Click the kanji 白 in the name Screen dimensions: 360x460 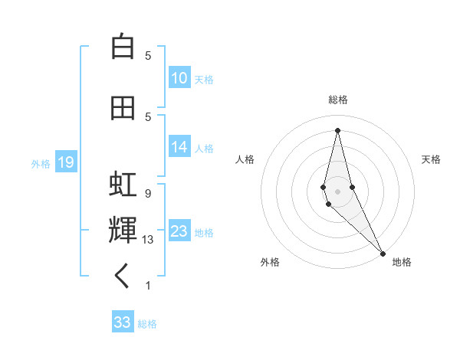click(122, 47)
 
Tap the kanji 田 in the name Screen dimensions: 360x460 click(122, 108)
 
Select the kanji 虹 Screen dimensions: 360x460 click(122, 185)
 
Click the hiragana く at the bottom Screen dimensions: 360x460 click(122, 277)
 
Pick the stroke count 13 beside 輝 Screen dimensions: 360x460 click(148, 240)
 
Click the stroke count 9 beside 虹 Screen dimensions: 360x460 click(148, 193)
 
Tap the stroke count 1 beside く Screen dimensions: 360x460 click(148, 286)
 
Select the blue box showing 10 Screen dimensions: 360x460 click(179, 78)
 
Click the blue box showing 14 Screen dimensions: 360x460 click(179, 147)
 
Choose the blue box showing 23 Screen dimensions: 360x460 click(179, 231)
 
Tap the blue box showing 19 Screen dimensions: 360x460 click(65, 162)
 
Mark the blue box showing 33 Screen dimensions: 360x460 click(123, 322)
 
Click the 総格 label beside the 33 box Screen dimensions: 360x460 click(147, 324)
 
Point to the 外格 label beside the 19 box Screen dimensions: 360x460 click(41, 163)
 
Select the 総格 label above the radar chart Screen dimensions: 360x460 click(337, 100)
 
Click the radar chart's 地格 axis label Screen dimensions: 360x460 click(402, 262)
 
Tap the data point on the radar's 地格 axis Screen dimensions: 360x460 click(383, 252)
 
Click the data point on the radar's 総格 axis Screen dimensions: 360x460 click(337, 130)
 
